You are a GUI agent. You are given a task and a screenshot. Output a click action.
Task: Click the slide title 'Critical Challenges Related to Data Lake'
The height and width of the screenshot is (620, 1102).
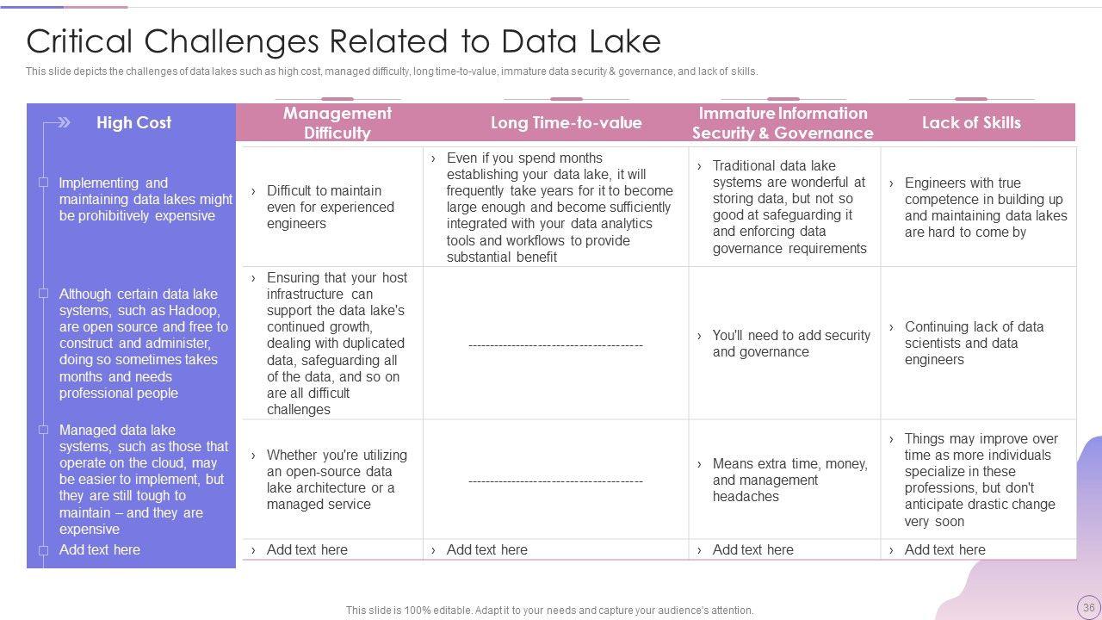[344, 41]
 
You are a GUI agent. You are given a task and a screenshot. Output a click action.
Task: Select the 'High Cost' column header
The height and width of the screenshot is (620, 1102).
[133, 122]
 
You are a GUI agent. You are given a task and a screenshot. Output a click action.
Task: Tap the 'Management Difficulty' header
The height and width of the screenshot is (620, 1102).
[337, 123]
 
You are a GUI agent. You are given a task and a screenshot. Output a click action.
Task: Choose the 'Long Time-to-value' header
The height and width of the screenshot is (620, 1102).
[566, 122]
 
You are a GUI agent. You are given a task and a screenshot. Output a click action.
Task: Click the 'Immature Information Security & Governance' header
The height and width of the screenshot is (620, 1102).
[783, 123]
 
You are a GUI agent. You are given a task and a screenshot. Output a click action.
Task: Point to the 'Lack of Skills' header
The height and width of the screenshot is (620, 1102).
[971, 122]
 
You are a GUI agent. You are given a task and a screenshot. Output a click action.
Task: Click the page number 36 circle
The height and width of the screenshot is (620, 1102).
[1088, 607]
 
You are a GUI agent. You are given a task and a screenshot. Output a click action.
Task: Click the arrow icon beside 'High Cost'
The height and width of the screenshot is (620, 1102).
[58, 122]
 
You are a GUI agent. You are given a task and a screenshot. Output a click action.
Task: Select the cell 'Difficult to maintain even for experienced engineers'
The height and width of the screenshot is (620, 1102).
[331, 207]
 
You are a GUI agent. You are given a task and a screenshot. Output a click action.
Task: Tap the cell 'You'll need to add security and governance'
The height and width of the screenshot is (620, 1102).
[790, 344]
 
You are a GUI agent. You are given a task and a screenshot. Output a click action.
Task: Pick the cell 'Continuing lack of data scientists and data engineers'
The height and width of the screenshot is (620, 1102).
[974, 343]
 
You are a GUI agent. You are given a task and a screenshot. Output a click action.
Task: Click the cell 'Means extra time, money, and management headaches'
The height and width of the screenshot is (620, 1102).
[789, 480]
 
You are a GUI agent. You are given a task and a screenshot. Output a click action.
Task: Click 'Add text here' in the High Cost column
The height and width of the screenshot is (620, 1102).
[99, 549]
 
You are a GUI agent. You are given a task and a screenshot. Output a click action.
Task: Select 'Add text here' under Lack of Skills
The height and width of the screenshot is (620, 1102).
[944, 549]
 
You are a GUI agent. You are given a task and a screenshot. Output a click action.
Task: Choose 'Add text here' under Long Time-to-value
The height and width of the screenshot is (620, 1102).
[486, 549]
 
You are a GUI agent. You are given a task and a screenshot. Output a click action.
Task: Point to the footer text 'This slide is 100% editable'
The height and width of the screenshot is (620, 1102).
[549, 610]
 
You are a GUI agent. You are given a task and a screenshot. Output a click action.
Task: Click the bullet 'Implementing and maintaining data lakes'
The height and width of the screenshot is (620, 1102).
[145, 199]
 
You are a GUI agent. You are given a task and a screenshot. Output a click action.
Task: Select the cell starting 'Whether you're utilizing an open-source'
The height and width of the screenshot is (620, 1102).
[336, 480]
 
